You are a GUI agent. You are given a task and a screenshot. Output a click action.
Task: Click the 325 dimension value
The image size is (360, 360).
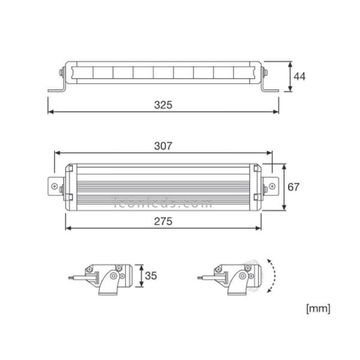(163, 104)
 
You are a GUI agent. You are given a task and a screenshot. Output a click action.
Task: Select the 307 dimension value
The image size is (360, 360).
(163, 146)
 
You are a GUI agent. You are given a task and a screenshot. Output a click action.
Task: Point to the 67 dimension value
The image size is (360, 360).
(293, 187)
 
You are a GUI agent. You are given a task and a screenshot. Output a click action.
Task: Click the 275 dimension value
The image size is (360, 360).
(163, 221)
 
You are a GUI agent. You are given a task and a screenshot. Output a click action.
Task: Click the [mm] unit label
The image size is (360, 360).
(318, 309)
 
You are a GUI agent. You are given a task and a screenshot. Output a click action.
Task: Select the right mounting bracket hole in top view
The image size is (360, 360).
(271, 186)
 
